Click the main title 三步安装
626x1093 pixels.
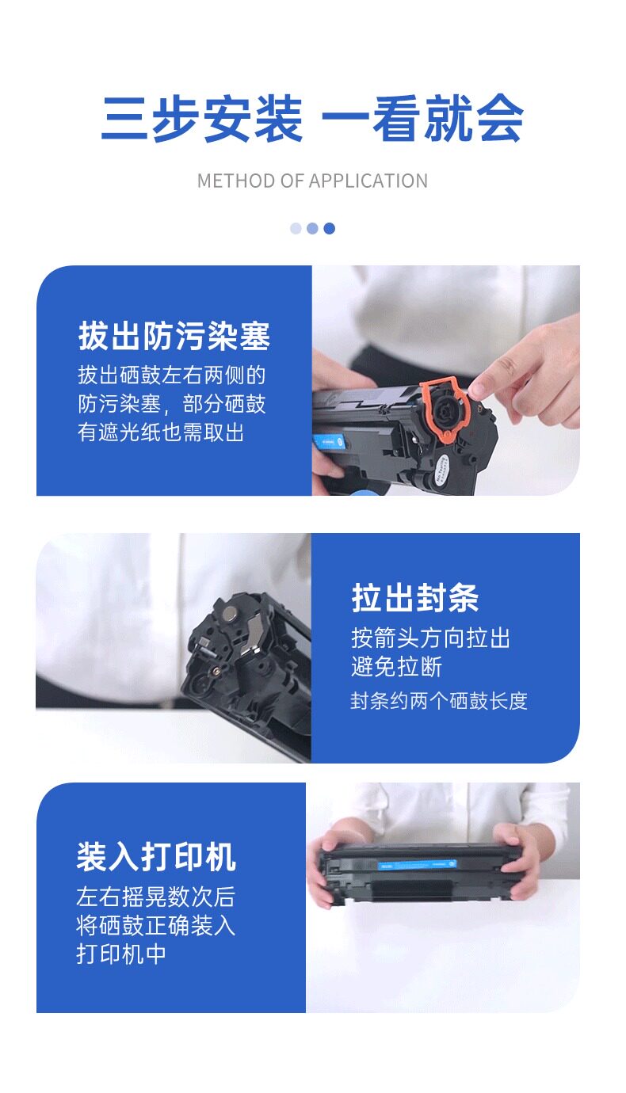point(202,119)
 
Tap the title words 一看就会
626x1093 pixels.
point(422,119)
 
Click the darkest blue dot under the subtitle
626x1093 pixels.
point(330,228)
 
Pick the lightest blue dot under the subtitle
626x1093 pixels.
point(296,228)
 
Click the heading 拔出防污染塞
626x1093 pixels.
point(174,336)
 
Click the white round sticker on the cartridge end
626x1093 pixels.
point(441,469)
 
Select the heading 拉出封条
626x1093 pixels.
point(414,598)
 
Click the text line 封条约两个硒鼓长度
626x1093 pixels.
point(439,701)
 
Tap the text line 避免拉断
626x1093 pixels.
point(396,667)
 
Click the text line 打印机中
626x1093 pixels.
point(121,954)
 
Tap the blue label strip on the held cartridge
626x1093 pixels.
point(418,864)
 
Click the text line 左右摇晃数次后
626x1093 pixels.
point(156,897)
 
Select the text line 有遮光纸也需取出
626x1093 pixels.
point(161,432)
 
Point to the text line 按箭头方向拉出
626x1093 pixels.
point(430,638)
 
